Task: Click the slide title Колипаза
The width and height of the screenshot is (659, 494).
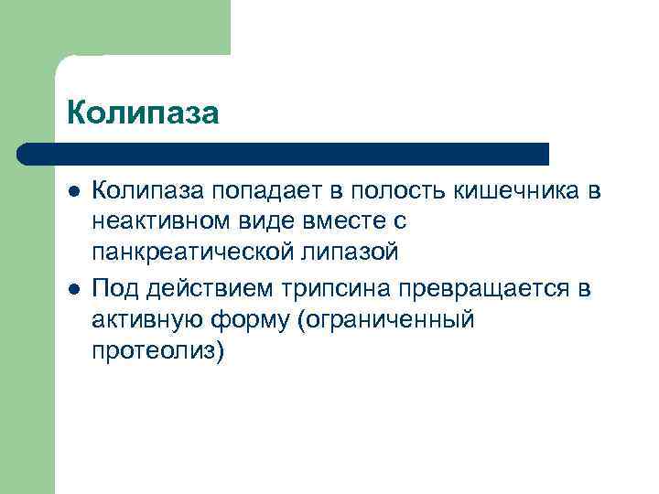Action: [x=143, y=113]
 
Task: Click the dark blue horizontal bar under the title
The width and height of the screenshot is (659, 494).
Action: [x=284, y=154]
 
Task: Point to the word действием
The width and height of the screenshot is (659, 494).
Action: [x=200, y=291]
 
